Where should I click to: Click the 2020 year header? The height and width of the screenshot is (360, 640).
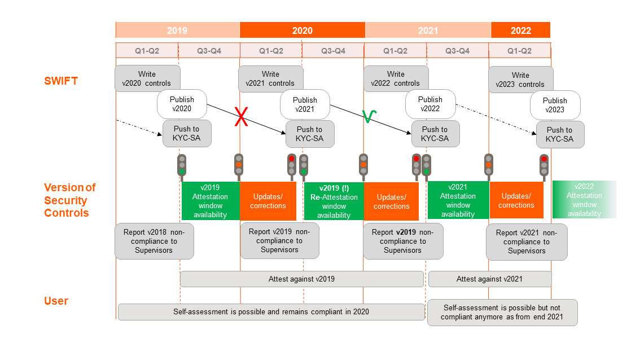click(302, 30)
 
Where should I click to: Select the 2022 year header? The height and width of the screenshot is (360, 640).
click(520, 30)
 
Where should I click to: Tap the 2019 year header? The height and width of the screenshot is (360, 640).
click(177, 30)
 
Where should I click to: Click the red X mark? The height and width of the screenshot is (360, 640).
click(242, 118)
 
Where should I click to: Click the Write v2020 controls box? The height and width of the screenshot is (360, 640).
click(147, 79)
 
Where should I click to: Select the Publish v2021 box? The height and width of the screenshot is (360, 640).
click(305, 104)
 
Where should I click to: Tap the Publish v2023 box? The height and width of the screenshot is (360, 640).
click(555, 105)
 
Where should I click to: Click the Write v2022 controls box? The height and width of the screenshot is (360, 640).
click(395, 79)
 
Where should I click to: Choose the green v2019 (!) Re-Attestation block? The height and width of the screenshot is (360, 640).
click(334, 201)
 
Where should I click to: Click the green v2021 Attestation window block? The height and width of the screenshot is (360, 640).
click(458, 200)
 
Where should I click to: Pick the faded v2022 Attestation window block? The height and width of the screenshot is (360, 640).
click(584, 200)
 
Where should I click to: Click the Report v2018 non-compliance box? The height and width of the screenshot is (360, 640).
click(154, 241)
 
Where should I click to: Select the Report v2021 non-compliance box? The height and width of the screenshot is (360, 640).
click(526, 242)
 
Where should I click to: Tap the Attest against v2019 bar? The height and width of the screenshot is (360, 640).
click(301, 279)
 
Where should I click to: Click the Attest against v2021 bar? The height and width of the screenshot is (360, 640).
click(489, 279)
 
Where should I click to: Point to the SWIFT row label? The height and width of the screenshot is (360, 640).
click(61, 81)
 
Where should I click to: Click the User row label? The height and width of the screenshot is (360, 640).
click(56, 301)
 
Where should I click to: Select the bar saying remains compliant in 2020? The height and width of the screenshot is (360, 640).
click(271, 311)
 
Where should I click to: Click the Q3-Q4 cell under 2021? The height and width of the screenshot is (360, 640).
click(457, 51)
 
